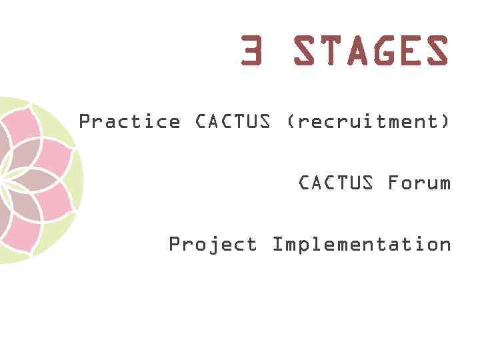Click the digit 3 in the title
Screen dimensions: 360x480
[252, 51]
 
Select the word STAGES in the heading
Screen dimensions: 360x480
[371, 51]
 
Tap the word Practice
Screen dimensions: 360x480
[129, 122]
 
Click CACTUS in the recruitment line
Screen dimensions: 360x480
[233, 122]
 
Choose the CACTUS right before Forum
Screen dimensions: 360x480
[336, 182]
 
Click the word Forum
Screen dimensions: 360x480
[419, 182]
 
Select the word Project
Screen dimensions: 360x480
[213, 245]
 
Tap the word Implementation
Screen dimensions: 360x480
[361, 244]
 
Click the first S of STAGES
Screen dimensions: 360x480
[304, 51]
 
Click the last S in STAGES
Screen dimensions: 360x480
[437, 51]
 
